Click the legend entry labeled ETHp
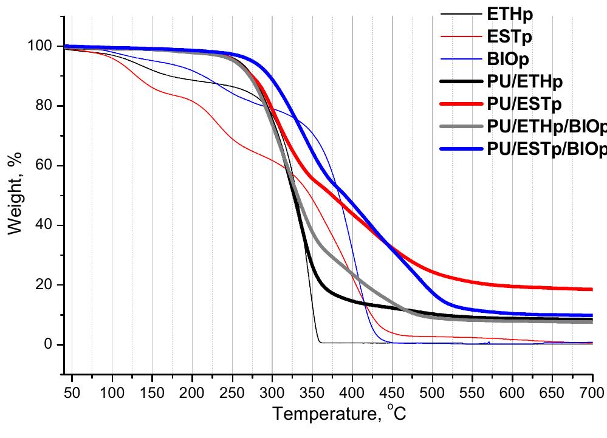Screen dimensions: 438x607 [508, 14]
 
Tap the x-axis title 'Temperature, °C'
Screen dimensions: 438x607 [338, 415]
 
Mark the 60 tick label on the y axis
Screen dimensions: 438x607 [49, 166]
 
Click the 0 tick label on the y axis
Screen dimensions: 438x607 [53, 345]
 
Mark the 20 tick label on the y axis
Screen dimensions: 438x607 [49, 286]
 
